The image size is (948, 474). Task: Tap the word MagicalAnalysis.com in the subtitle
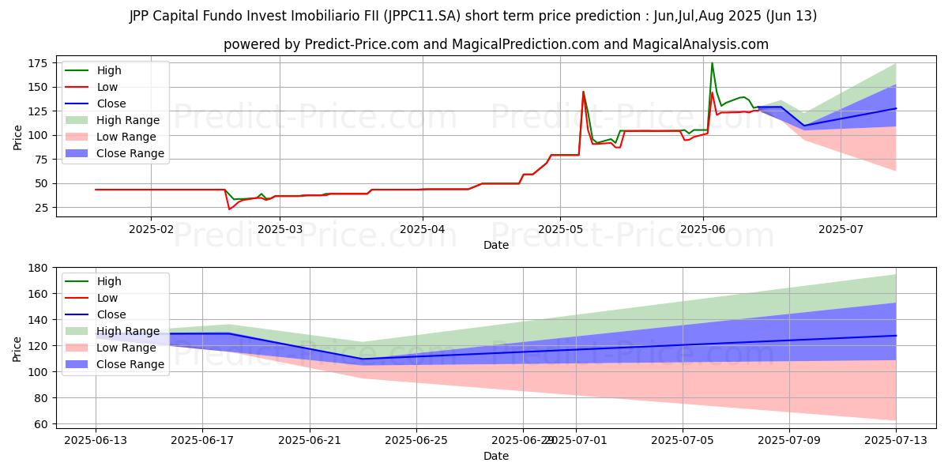pos(700,44)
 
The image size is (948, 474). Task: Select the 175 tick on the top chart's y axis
pos(37,63)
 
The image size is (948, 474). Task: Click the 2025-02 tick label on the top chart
pos(150,229)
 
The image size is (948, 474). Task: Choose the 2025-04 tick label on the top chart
pos(422,229)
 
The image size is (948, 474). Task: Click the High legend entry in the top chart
pos(107,70)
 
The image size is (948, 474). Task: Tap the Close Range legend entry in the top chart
pos(130,153)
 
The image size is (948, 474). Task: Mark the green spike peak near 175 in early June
pos(712,63)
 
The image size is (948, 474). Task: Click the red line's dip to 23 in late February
pos(229,209)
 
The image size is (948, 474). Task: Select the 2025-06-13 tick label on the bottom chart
pos(96,440)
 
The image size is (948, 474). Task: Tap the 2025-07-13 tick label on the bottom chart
pos(895,440)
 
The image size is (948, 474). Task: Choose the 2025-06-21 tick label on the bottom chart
pos(310,440)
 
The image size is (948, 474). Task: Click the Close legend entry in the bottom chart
pos(111,314)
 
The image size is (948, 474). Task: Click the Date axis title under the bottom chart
pos(496,456)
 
